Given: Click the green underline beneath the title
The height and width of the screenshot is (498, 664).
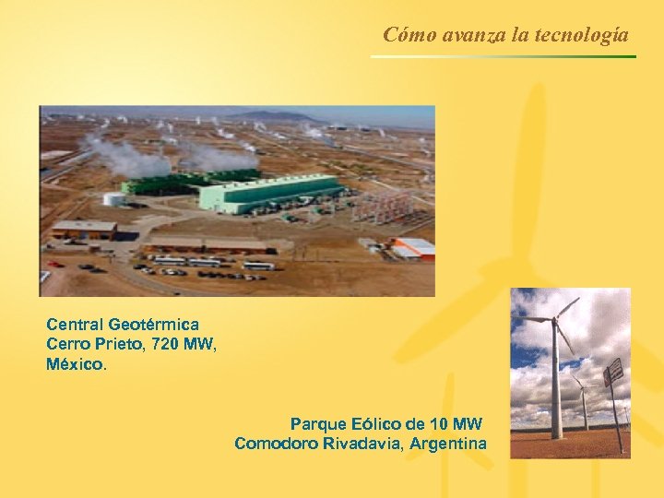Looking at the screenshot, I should [503, 57].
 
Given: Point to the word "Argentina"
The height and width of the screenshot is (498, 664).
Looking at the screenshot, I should [448, 444].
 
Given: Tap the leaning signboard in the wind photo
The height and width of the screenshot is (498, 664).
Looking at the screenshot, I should [613, 373].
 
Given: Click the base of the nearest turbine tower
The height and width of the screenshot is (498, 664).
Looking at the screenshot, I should [557, 433].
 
